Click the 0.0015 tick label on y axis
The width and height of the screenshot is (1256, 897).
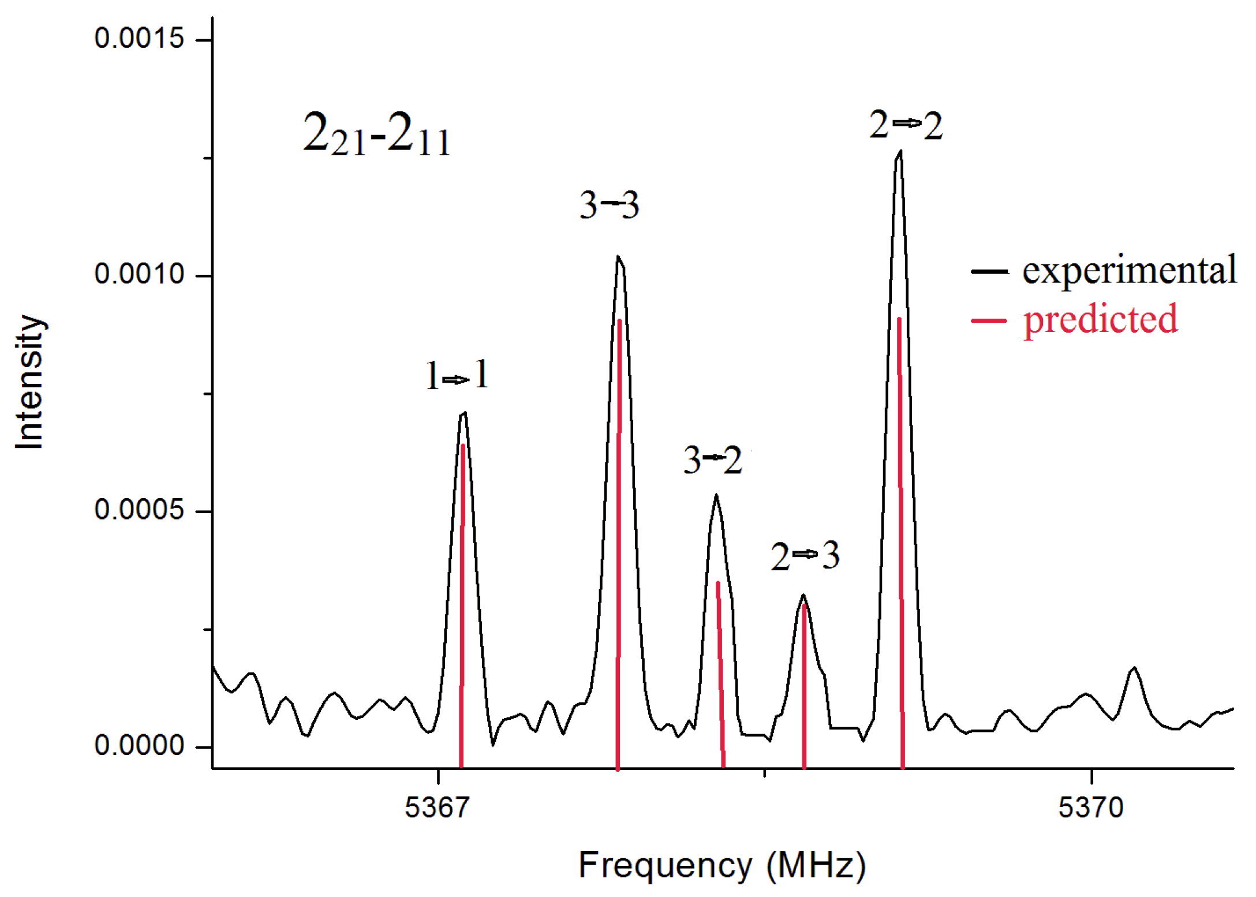coord(139,39)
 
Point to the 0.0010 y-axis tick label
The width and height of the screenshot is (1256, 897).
coord(139,274)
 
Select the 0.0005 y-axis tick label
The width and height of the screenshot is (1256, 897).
coord(139,510)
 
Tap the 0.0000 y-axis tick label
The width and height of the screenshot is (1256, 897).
coord(139,745)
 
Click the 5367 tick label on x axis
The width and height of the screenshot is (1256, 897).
coord(437,807)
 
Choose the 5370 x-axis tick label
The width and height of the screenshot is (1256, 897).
coord(1090,807)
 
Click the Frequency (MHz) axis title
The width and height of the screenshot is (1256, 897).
coord(722,865)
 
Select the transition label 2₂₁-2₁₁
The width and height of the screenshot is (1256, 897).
coord(376,134)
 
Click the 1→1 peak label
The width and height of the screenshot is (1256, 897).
coord(457,376)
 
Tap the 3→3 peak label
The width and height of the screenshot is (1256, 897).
coord(609,205)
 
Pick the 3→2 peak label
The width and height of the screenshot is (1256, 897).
coord(712,461)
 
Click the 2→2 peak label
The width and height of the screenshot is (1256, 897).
coord(906,125)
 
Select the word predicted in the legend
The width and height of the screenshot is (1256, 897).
coord(1100,319)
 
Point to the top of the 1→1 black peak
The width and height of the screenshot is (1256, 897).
coord(464,413)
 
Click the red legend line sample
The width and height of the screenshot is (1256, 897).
coord(988,320)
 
